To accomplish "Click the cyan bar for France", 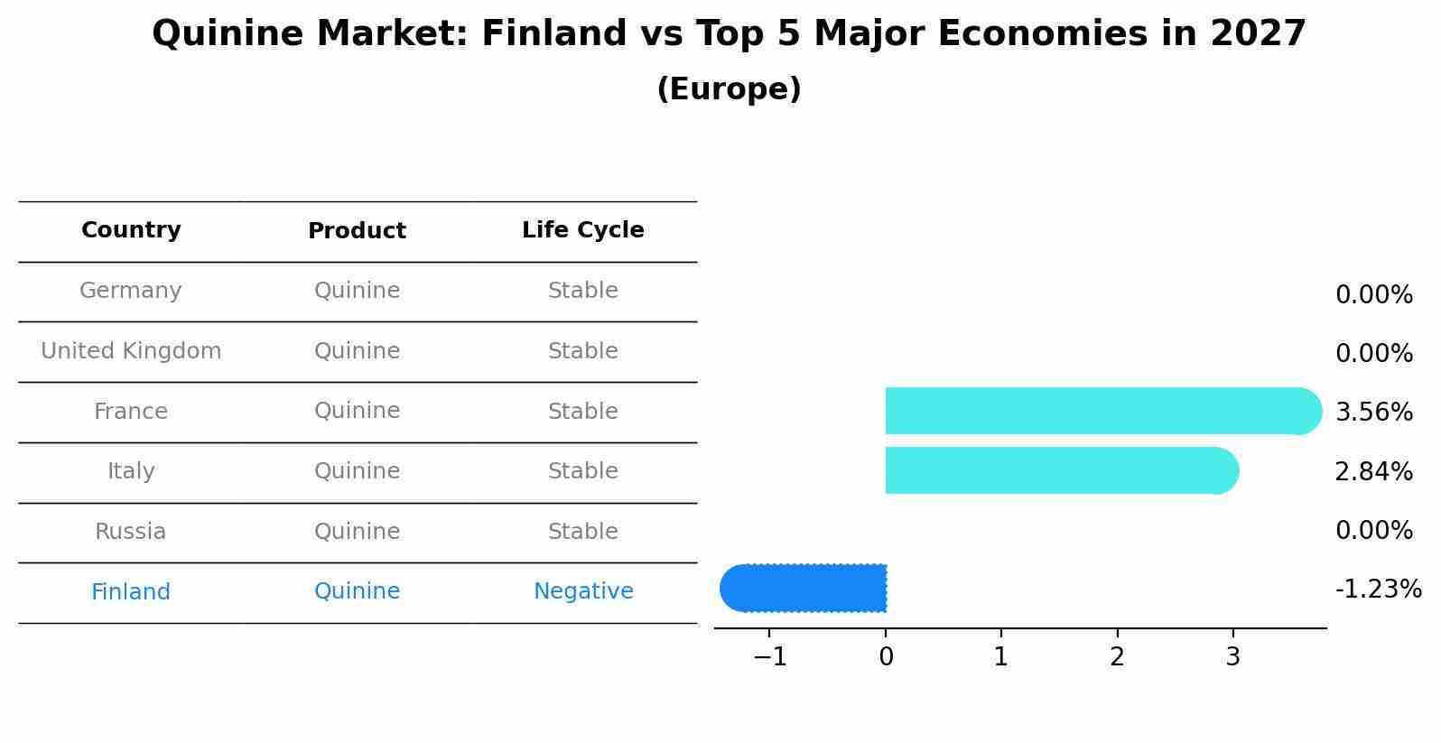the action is coord(1103,411).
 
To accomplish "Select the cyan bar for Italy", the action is coord(1062,470).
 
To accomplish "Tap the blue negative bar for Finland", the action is coord(803,588).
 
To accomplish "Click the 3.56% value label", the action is coord(1374,412).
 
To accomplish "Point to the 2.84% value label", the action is coord(1374,471).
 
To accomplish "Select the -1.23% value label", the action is coord(1379,589).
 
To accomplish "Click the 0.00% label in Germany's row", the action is coord(1374,294).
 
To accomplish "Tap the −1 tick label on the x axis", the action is coord(770,656).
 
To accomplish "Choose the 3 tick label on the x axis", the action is coord(1232,656).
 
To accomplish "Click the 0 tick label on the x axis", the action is coord(886,656).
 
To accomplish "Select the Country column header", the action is coord(131,229).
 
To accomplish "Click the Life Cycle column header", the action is coord(583,229).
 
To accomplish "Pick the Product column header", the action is coord(357,230).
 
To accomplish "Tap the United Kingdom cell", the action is coord(131,350).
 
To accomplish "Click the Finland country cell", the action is coord(131,591).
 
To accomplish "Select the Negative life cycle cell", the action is coord(583,590).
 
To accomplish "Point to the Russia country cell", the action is coord(131,531).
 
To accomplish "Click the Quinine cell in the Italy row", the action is coord(357,470).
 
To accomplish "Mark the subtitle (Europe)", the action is coord(729,88).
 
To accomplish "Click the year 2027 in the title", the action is coord(1259,33).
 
